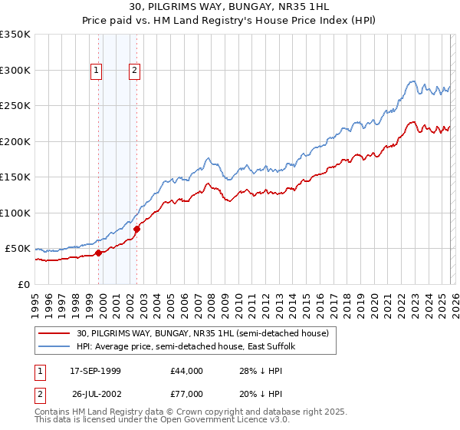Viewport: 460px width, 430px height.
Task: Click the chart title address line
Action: pos(229,8)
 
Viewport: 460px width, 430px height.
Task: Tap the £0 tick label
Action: pos(23,284)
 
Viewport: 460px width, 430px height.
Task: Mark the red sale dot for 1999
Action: pos(98,253)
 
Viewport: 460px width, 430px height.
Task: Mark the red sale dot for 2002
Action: pos(136,229)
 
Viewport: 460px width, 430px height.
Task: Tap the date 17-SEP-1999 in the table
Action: pos(95,371)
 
